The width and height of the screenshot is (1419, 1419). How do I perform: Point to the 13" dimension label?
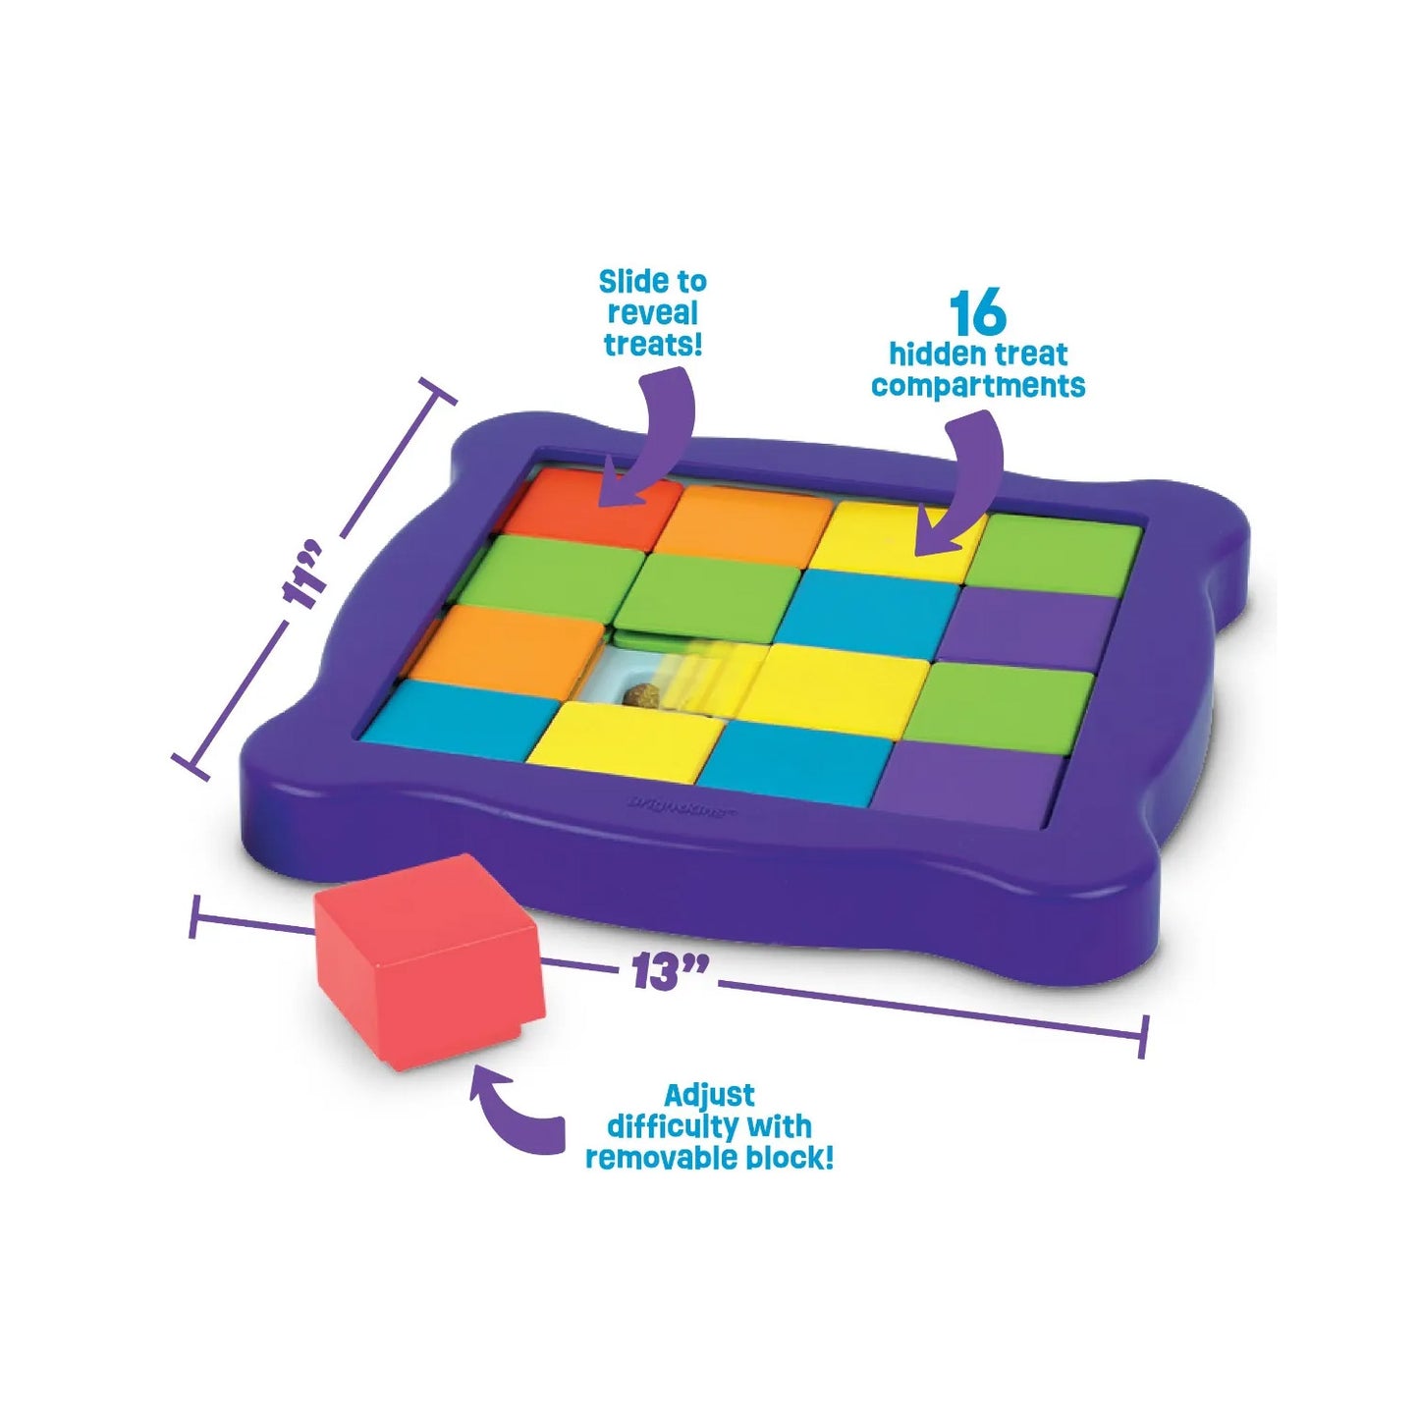[x=669, y=971]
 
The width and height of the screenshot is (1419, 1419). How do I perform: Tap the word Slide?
[x=629, y=282]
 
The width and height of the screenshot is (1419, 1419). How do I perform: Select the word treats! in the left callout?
[x=653, y=345]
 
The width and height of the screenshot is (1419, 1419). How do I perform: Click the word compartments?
[x=978, y=386]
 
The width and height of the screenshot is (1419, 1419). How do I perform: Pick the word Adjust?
[x=709, y=1095]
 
